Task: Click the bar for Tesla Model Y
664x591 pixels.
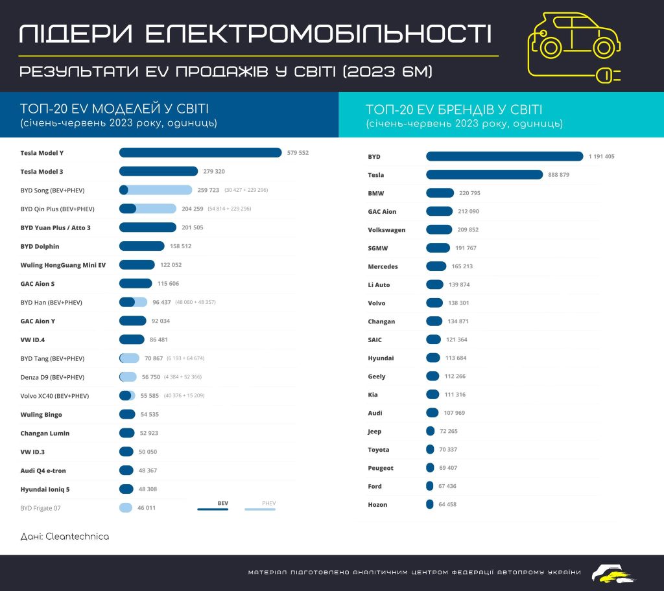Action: click(200, 153)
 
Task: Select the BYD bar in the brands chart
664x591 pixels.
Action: click(504, 156)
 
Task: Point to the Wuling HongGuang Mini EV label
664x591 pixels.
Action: click(63, 265)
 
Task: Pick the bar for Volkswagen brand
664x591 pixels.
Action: click(439, 229)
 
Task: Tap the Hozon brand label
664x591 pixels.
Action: click(377, 505)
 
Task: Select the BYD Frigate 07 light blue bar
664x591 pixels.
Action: click(126, 508)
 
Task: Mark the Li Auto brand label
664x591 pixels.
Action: click(379, 285)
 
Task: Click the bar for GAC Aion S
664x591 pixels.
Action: click(136, 283)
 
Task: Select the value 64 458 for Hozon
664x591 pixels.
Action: click(447, 504)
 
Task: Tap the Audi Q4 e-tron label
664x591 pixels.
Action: click(43, 470)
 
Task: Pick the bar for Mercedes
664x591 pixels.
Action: click(436, 266)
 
